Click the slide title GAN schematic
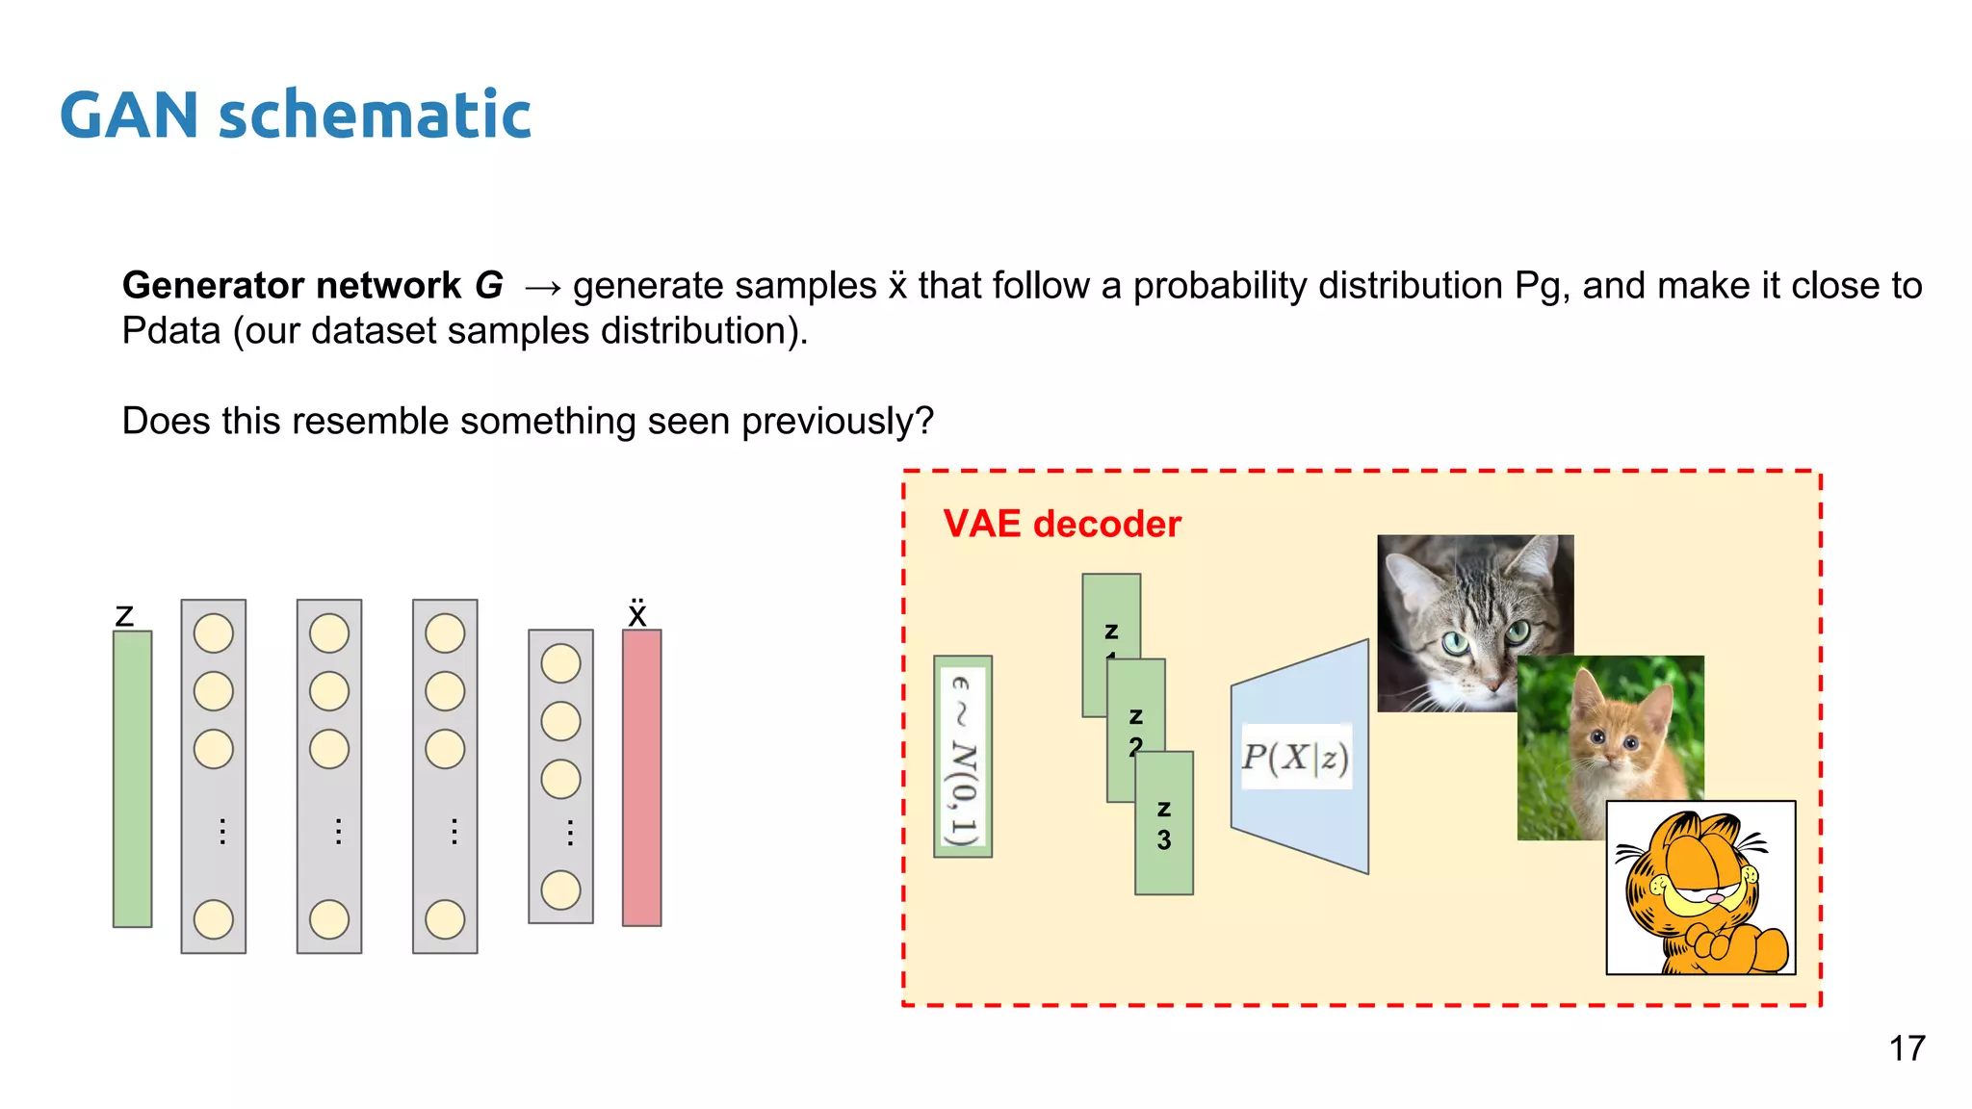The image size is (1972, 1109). click(x=295, y=116)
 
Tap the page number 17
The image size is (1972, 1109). click(x=1907, y=1048)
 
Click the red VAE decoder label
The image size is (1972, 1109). click(x=1061, y=525)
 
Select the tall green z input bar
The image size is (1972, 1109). click(x=133, y=779)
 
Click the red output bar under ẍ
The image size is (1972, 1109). click(x=641, y=779)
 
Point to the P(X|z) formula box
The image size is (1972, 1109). click(x=1295, y=757)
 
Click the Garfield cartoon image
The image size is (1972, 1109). click(x=1700, y=888)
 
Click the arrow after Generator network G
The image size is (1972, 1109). click(x=542, y=287)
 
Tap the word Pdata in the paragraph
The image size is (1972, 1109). click(x=170, y=331)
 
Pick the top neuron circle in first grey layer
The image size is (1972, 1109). click(x=214, y=633)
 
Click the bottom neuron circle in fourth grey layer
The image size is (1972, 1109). click(x=560, y=890)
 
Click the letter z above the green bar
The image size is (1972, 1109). click(x=124, y=615)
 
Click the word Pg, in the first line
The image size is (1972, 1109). click(x=1542, y=286)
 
